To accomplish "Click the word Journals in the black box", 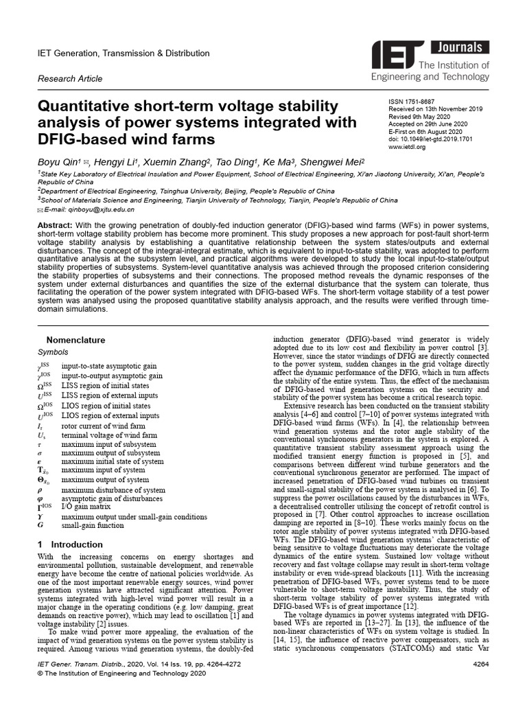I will click(x=460, y=48).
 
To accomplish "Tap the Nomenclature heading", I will click(x=75, y=340).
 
